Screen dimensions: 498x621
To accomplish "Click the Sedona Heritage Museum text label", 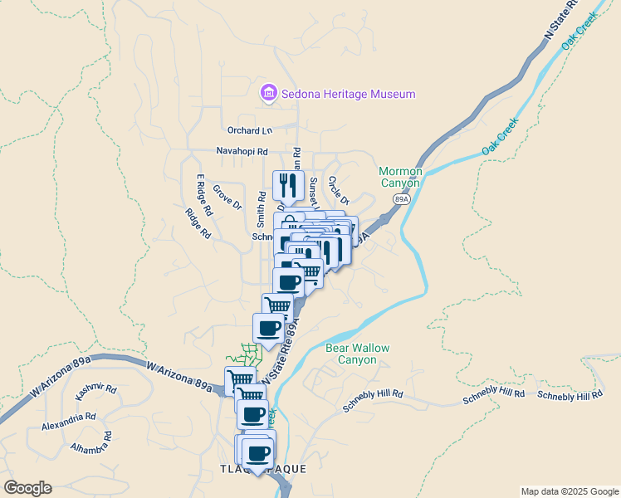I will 348,95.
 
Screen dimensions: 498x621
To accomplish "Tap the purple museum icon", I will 268,93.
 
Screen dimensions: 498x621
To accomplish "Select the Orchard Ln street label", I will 250,130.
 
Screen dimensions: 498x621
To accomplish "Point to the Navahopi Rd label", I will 242,152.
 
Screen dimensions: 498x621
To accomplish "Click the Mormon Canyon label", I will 401,177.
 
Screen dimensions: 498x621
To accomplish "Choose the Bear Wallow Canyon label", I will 357,354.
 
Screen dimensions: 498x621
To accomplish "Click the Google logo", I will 27,488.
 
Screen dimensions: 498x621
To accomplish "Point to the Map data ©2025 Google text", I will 570,491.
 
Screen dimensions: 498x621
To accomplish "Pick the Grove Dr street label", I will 227,197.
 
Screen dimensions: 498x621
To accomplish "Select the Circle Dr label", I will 338,190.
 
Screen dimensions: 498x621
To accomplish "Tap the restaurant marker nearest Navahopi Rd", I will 288,184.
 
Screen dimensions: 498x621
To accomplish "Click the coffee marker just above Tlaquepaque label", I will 258,452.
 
